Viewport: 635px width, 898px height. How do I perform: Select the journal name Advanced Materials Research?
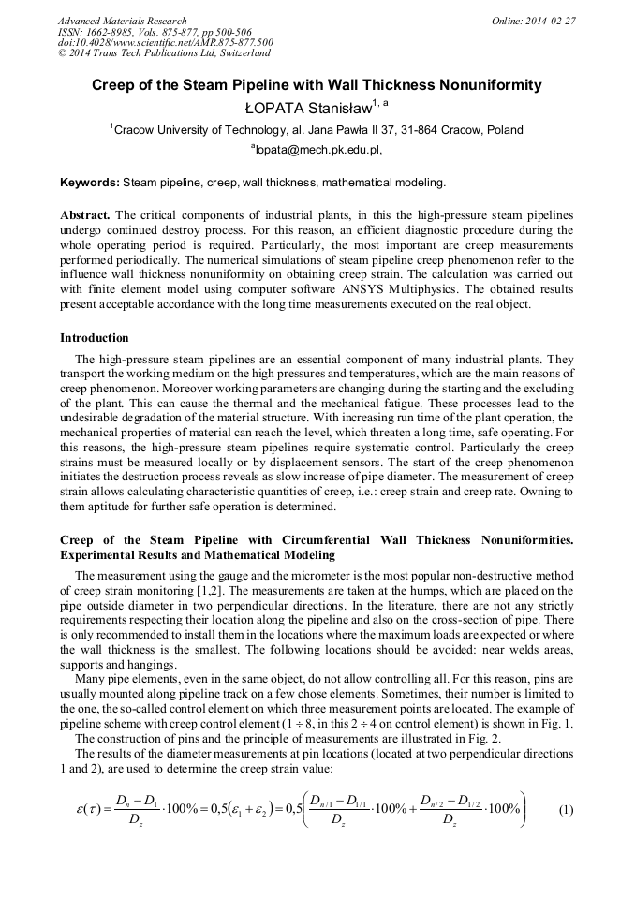122,21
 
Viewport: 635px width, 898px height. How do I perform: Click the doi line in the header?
165,42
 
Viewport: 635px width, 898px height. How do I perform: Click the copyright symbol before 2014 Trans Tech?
62,53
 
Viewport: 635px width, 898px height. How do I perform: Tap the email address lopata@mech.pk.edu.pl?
317,149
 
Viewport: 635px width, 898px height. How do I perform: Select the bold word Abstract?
85,214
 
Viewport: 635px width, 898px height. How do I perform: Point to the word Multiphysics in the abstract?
486,289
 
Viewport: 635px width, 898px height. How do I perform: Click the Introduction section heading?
95,338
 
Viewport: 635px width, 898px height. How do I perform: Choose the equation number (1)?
566,810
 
